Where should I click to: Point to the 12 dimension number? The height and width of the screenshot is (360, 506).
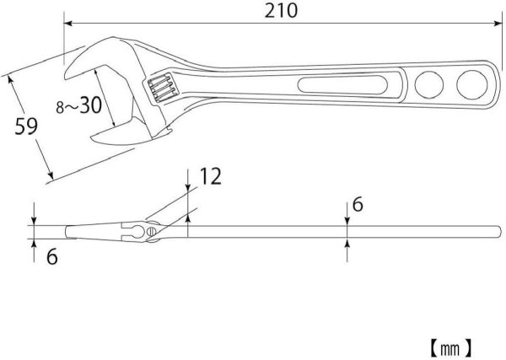pos(211,176)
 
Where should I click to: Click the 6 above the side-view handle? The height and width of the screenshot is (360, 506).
pos(358,206)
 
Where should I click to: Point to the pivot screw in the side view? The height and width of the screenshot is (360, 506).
pos(153,229)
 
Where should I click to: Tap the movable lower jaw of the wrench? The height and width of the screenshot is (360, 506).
pos(114,135)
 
